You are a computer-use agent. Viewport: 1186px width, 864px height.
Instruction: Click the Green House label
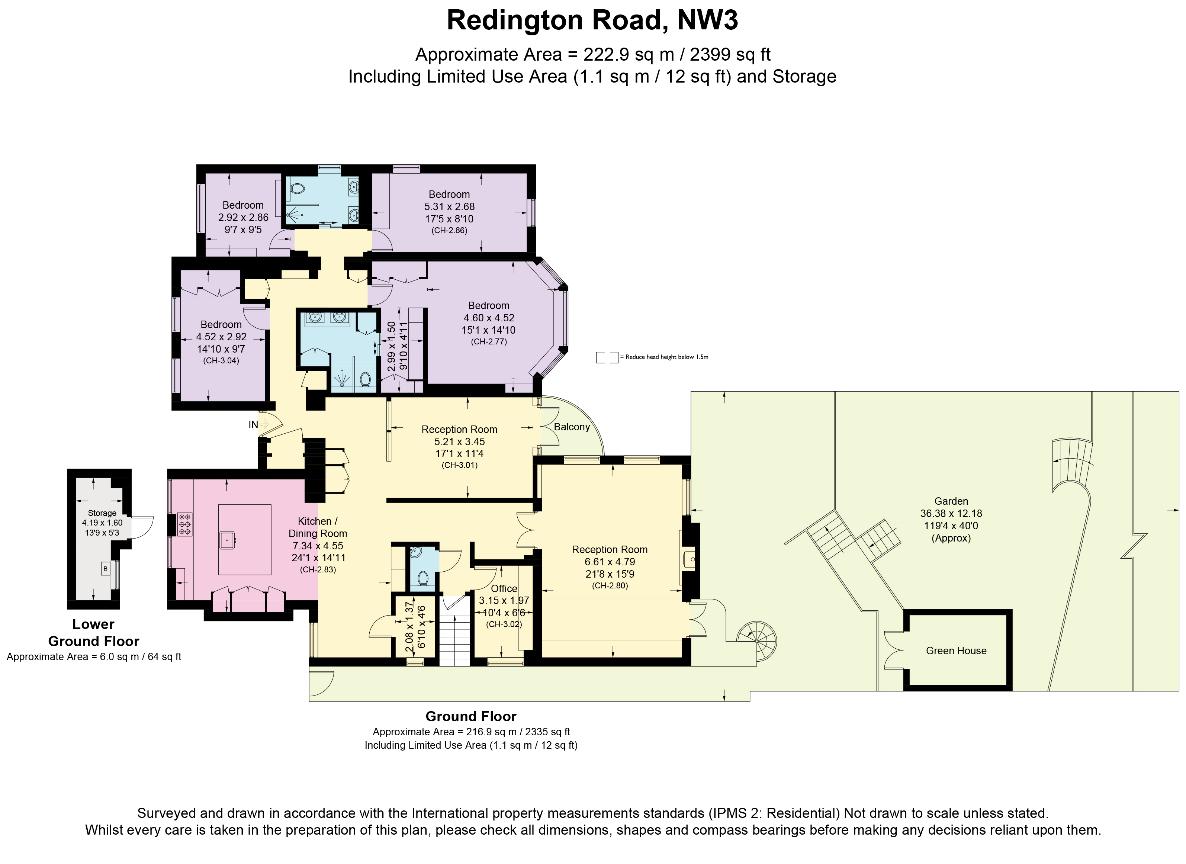coord(956,651)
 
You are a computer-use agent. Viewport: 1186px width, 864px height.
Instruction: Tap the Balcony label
coord(572,427)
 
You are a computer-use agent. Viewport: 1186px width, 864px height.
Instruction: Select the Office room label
coord(504,588)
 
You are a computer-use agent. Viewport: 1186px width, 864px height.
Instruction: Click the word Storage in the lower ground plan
coord(102,513)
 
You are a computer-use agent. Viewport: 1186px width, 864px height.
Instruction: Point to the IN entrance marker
coord(253,425)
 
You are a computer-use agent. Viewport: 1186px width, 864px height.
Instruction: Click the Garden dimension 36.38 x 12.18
coord(951,514)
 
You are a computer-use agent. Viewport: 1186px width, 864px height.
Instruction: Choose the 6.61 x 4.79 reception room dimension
coord(609,562)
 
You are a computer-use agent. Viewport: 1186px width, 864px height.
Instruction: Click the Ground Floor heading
coord(470,716)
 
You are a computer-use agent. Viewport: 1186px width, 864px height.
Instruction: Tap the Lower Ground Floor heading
coord(94,632)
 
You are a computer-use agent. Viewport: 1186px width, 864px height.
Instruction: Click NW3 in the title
coord(707,21)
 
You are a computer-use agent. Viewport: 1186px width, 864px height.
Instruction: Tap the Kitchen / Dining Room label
coord(317,527)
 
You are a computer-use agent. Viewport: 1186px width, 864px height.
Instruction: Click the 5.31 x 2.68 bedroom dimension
coord(449,206)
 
